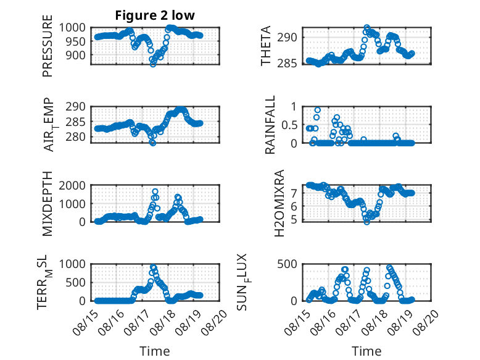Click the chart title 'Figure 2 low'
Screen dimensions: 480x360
tap(155, 15)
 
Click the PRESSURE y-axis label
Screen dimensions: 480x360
tap(48, 46)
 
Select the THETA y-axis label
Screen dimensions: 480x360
tap(266, 46)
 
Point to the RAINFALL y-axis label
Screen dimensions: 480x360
tap(270, 125)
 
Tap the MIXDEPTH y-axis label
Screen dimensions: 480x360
tap(48, 203)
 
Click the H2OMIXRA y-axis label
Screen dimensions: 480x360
tap(279, 203)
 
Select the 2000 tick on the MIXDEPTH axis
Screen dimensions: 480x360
tap(73, 185)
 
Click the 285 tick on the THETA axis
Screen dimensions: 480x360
tap(288, 64)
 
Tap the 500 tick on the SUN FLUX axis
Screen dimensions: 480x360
tap(288, 264)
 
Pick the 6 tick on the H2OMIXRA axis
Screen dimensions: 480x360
tap(295, 206)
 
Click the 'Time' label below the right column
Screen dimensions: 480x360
tap(366, 351)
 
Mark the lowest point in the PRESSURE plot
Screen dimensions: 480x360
tap(153, 64)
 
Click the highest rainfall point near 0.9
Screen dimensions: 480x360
tap(318, 111)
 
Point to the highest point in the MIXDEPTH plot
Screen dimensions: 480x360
tap(155, 192)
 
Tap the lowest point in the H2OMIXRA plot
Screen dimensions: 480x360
tap(366, 222)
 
